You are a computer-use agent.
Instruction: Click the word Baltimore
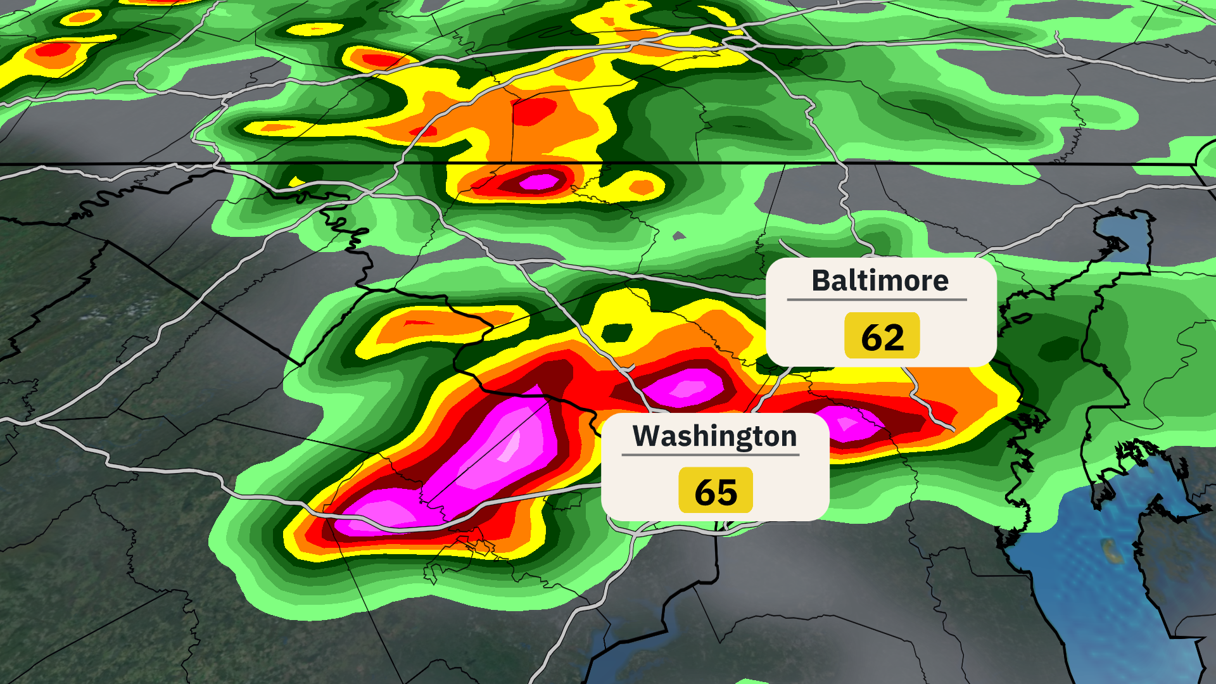tap(880, 281)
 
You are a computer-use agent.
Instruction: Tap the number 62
tap(882, 336)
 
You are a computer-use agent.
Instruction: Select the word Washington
tap(714, 436)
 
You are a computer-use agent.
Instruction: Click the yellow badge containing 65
tap(716, 491)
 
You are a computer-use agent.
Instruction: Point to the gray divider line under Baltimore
tap(877, 300)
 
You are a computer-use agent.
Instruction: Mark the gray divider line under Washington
tap(710, 454)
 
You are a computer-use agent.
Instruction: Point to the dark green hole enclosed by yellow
tap(616, 331)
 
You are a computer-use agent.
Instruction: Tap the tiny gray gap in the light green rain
tap(679, 236)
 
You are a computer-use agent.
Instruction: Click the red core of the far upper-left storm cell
tap(54, 49)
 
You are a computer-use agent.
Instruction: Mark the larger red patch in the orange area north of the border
tap(533, 111)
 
